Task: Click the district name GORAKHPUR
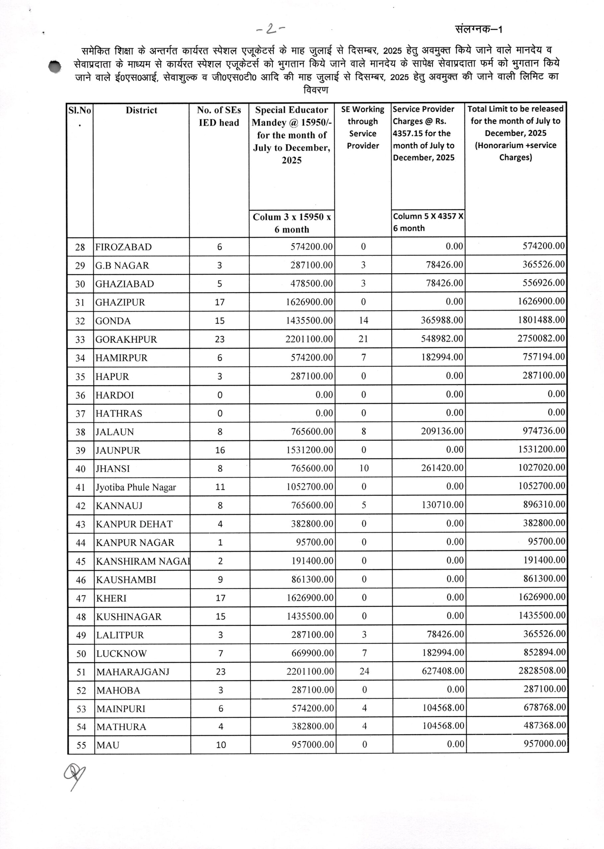126,339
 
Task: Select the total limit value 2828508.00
542,671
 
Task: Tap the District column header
141,110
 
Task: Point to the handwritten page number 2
270,29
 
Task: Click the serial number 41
81,487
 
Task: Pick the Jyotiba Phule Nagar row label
136,487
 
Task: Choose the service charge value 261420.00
442,468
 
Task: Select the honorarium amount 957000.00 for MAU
312,745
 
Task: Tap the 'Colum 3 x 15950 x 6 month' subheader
292,223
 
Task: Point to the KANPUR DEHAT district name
134,524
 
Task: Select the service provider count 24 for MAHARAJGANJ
364,671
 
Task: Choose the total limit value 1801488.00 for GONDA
541,320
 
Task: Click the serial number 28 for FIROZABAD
80,247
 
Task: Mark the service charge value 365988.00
442,320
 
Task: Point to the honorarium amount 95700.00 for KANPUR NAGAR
314,542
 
